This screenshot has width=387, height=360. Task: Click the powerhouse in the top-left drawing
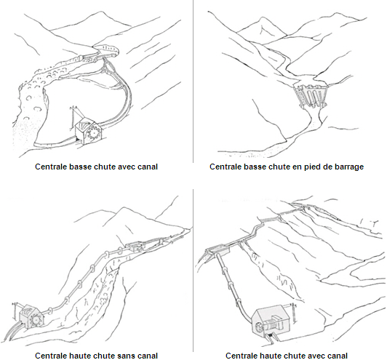tap(88, 130)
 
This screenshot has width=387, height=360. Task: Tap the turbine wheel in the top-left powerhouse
tap(94, 133)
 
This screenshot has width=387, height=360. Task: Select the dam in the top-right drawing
tap(311, 96)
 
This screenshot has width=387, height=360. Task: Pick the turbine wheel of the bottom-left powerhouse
tap(36, 320)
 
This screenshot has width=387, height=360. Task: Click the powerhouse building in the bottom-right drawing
tap(271, 321)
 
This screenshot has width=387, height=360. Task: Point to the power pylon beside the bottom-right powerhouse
tap(293, 313)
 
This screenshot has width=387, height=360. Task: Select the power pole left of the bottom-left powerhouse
tap(15, 311)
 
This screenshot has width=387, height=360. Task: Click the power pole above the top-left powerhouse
tap(73, 116)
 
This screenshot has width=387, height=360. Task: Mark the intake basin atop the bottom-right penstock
tap(219, 251)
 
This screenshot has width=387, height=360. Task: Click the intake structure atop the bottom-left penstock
tap(135, 247)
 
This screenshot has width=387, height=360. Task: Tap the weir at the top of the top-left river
tap(107, 49)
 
